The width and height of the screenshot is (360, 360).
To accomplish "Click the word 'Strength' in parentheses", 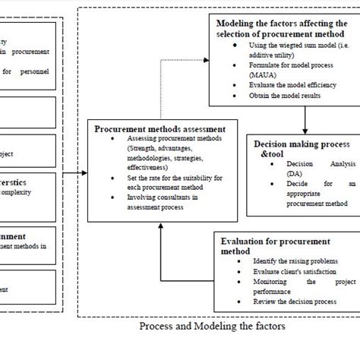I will pos(128,149).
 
